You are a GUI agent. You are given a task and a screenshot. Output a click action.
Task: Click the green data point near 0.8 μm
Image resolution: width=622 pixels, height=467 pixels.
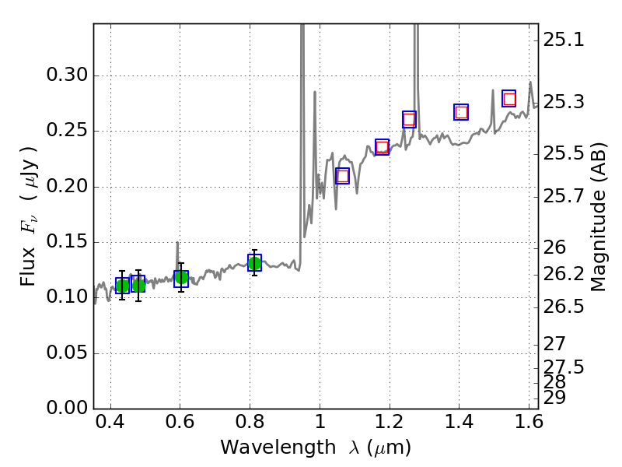(x=254, y=263)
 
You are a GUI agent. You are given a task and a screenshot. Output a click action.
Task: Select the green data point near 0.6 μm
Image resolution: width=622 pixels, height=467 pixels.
(x=181, y=278)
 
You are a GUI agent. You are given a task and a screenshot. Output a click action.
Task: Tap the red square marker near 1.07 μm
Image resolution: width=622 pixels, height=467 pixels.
(x=342, y=176)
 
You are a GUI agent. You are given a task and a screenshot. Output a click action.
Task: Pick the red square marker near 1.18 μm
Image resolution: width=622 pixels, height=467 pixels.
(x=382, y=147)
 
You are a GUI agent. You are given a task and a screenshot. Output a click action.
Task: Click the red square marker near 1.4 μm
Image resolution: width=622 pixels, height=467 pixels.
(x=461, y=112)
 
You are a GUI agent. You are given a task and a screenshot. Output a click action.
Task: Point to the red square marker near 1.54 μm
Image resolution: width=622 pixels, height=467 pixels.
(x=509, y=99)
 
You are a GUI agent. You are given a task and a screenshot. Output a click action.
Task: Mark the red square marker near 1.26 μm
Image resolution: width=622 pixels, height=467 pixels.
(x=409, y=119)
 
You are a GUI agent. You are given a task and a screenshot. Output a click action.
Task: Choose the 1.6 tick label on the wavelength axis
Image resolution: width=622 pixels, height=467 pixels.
(x=529, y=426)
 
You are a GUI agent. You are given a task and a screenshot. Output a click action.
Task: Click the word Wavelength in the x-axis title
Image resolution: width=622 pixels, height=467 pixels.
(x=267, y=448)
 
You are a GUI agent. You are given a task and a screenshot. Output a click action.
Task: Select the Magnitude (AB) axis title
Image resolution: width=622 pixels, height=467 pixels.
(x=598, y=216)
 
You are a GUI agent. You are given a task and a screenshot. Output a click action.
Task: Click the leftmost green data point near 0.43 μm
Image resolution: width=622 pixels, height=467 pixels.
(x=122, y=286)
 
